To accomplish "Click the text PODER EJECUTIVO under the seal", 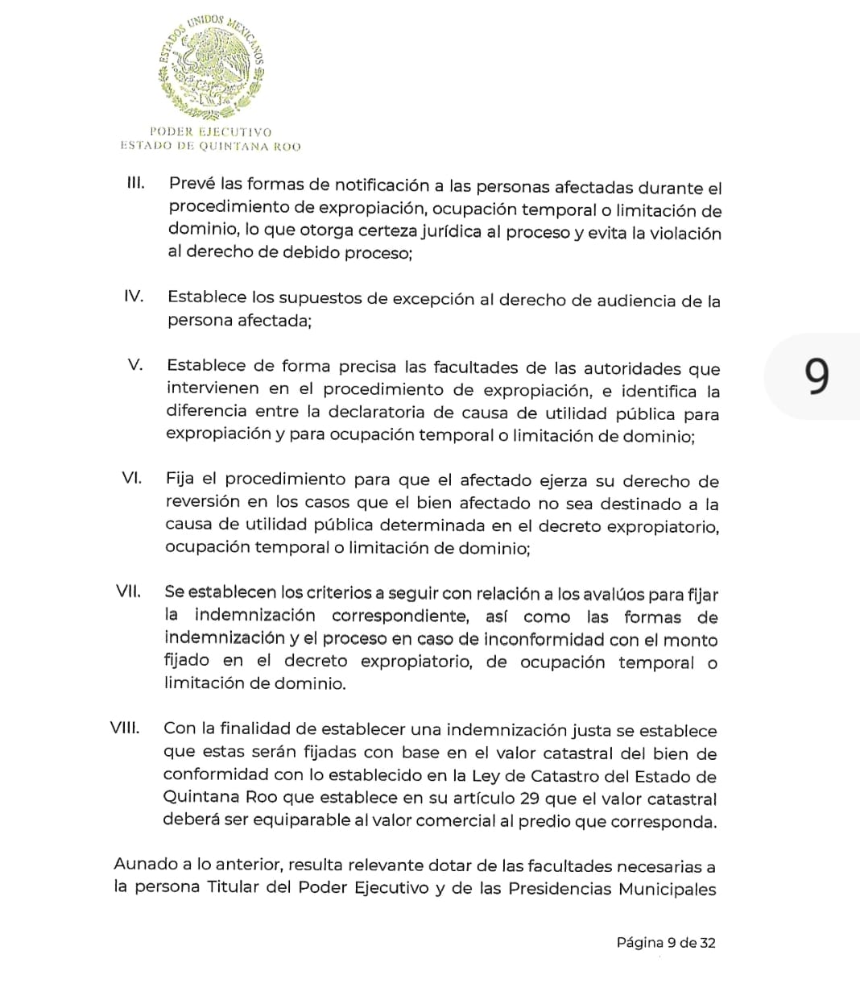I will point(211,131).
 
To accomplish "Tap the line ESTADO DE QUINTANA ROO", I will point(211,146).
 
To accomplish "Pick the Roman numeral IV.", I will point(134,296).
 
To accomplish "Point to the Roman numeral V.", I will point(136,364).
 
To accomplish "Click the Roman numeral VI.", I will point(132,477).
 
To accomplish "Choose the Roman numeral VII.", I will point(129,591).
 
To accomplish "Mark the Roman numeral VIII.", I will point(125,728).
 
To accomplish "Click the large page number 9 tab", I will point(817,376).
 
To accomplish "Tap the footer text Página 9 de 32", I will point(666,942).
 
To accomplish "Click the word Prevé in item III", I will point(192,185).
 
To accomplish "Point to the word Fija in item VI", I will point(180,479).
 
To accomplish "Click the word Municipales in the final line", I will point(667,889).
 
